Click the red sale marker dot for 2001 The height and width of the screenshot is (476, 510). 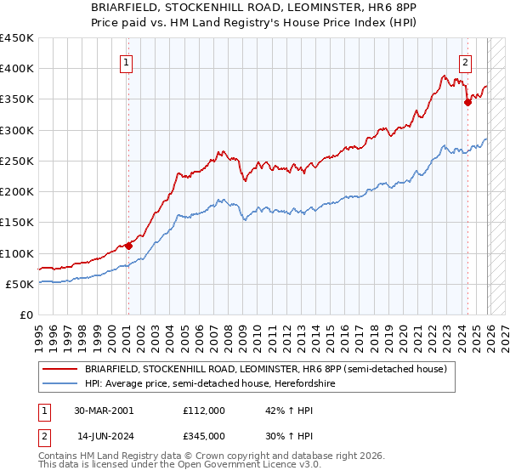point(128,246)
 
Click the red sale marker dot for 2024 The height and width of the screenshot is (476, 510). point(467,103)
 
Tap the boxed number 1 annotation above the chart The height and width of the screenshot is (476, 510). point(126,61)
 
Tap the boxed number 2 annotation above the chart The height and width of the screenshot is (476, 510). point(465,61)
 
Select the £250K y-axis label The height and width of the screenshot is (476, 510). point(17,161)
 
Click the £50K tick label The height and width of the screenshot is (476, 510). point(20,284)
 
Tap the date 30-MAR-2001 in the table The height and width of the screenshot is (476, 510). point(104,410)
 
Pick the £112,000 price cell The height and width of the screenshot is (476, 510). point(204,410)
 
